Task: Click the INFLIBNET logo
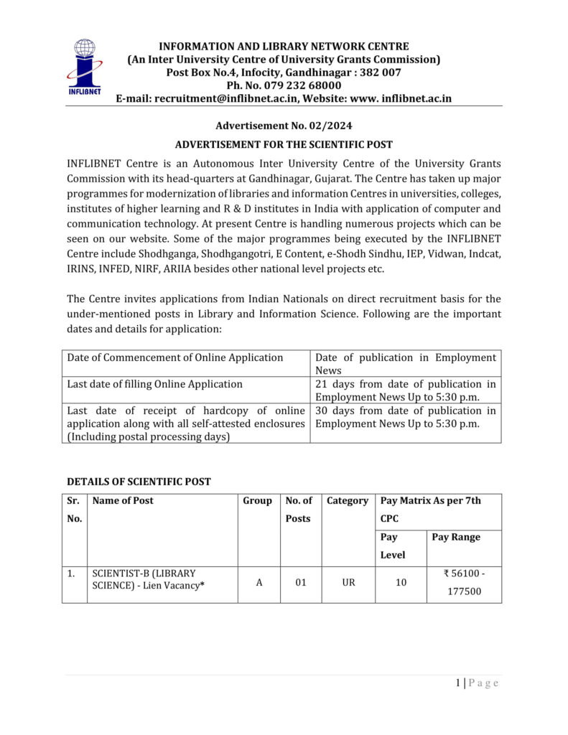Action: [x=84, y=67]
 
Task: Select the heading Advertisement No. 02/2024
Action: [x=284, y=126]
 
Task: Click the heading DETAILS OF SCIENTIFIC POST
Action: [x=139, y=482]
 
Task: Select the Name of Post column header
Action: [x=123, y=501]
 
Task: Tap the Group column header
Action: [x=258, y=501]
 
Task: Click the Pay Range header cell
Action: [x=456, y=537]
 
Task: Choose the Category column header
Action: [x=348, y=501]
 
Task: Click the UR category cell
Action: [x=348, y=583]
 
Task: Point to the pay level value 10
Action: [x=401, y=583]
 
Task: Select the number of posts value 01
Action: [x=301, y=583]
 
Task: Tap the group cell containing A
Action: [x=259, y=583]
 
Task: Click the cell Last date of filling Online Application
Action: [x=155, y=384]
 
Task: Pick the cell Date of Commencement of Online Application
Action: [x=175, y=357]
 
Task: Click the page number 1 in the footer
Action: [x=458, y=683]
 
